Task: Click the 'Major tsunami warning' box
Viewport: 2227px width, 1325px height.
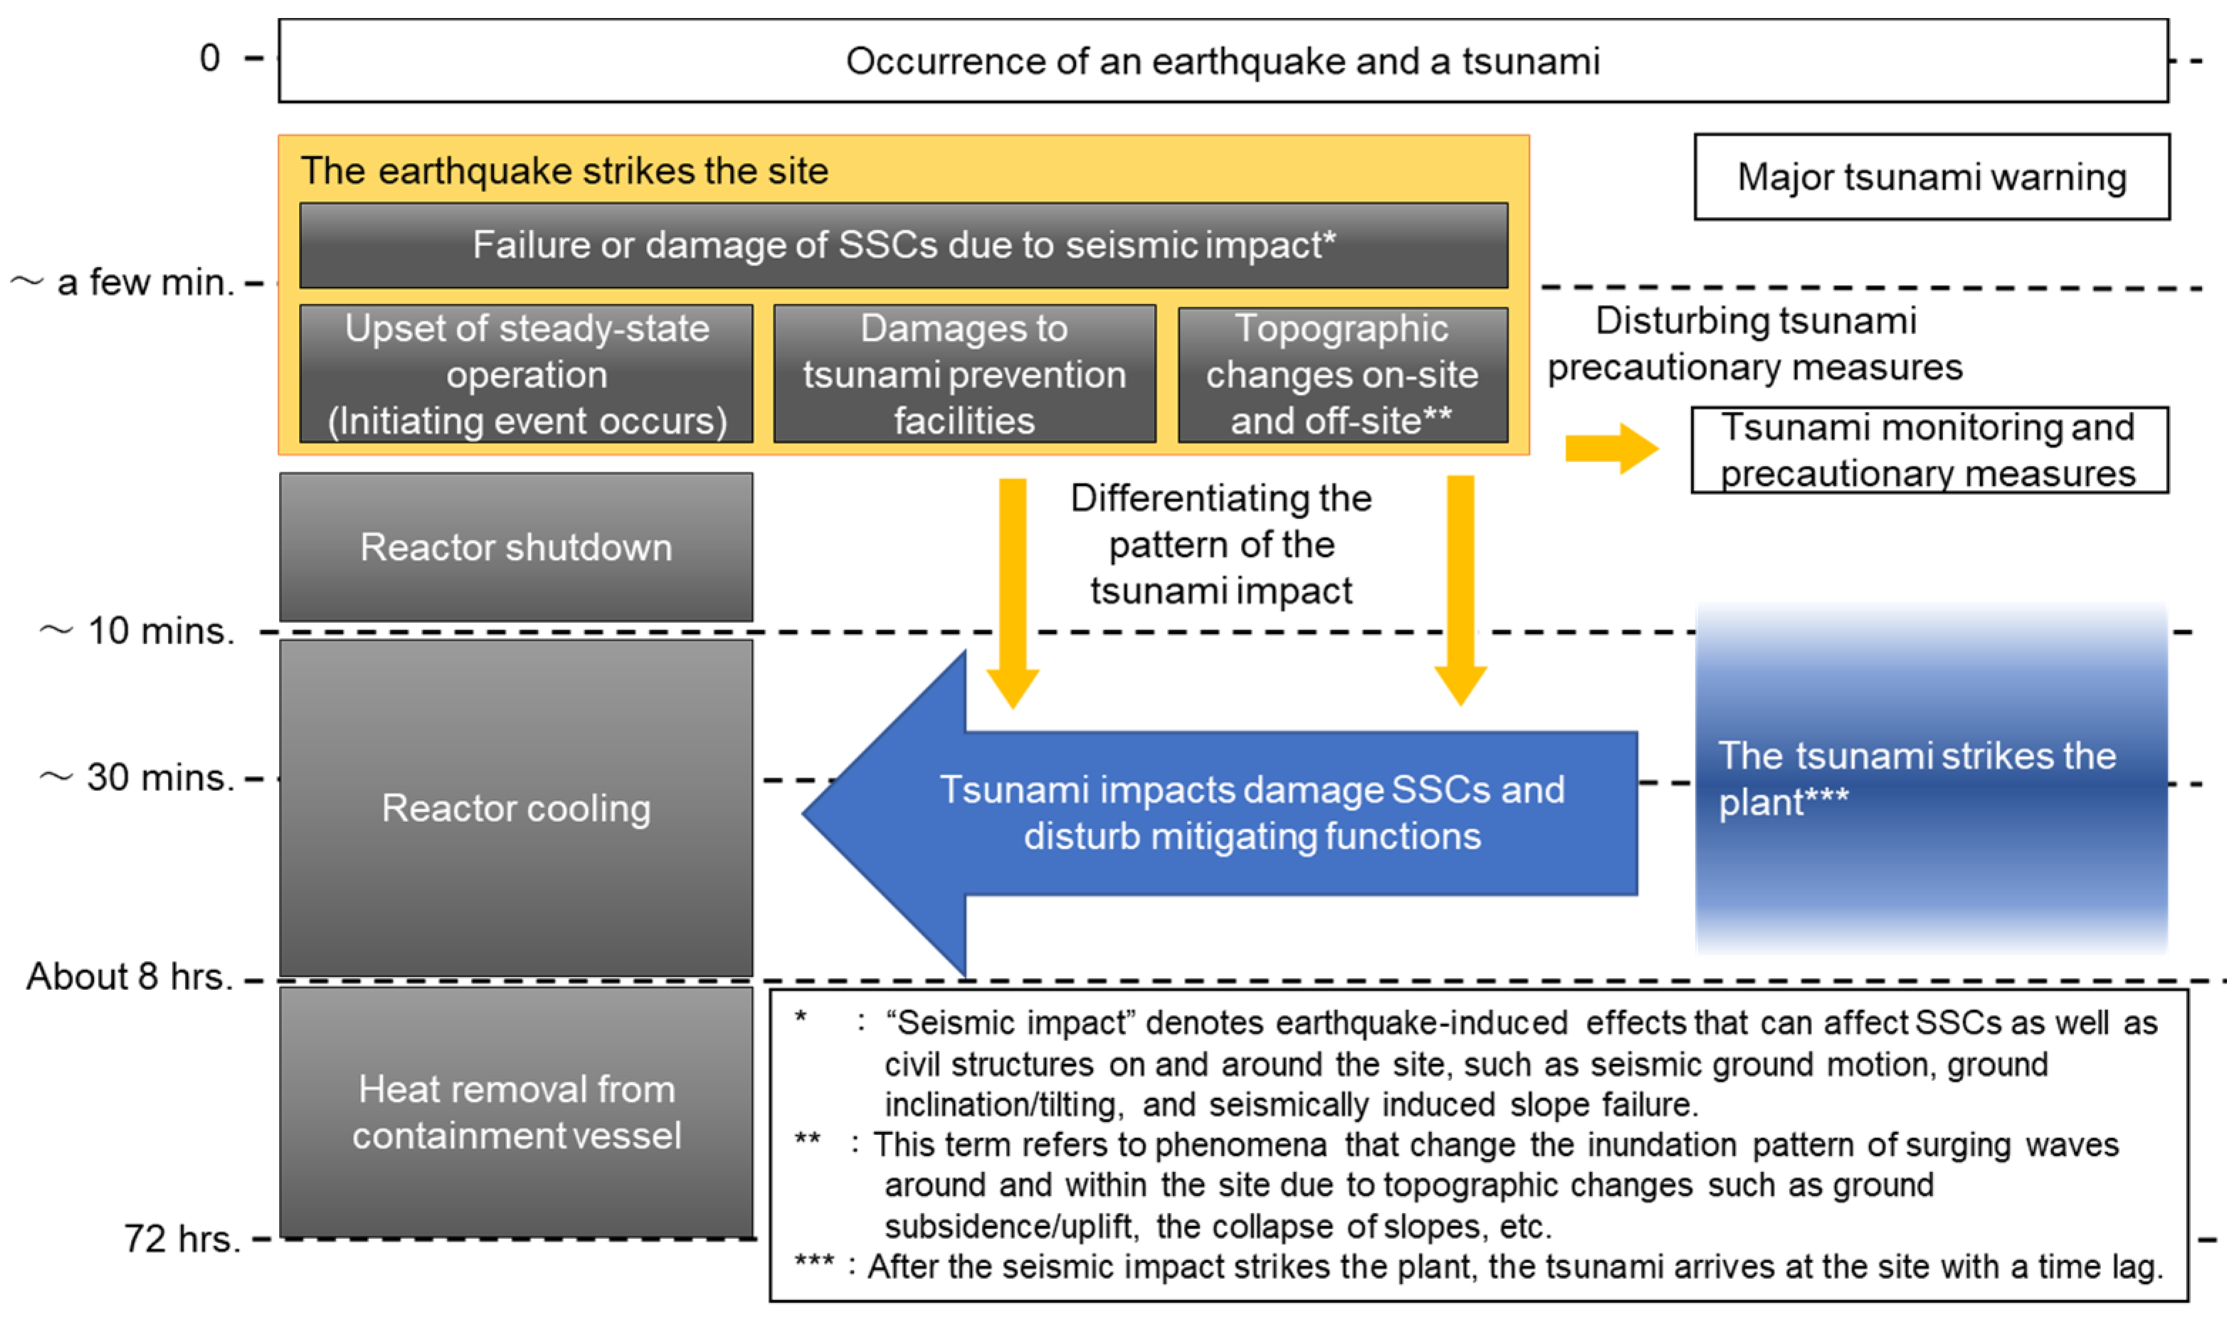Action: click(1932, 177)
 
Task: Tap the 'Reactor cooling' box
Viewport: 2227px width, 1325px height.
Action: click(516, 807)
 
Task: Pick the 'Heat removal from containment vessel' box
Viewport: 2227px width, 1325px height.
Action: click(516, 1112)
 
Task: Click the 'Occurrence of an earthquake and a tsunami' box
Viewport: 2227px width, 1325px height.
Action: click(1222, 60)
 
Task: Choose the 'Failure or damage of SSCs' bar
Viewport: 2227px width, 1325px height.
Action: click(904, 245)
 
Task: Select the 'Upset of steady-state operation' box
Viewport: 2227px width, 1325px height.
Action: click(527, 374)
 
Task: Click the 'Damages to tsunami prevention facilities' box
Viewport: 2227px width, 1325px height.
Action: click(964, 374)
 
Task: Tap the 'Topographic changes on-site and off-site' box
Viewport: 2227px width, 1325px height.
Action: click(1342, 374)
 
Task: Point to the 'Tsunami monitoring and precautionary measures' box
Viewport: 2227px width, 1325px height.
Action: click(1929, 450)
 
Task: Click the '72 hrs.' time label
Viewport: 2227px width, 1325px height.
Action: click(182, 1238)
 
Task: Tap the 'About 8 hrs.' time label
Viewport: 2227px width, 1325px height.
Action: click(129, 976)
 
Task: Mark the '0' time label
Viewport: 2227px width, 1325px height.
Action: click(210, 58)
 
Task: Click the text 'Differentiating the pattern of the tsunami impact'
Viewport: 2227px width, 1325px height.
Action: click(1221, 545)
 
